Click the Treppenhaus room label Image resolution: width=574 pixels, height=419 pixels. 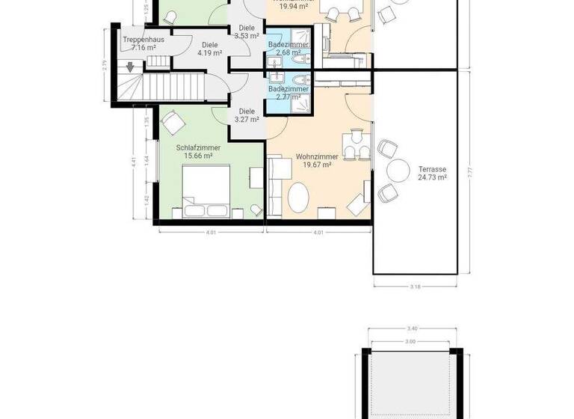143,40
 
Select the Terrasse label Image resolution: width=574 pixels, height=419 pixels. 432,169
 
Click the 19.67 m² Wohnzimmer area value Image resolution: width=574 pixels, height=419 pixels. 317,165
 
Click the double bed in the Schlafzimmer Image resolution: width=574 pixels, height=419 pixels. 206,189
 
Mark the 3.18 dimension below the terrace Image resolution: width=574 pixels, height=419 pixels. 415,286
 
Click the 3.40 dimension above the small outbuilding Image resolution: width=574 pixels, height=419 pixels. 410,328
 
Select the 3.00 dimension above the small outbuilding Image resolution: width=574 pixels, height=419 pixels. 410,340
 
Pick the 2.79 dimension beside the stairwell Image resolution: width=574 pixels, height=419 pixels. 105,65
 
